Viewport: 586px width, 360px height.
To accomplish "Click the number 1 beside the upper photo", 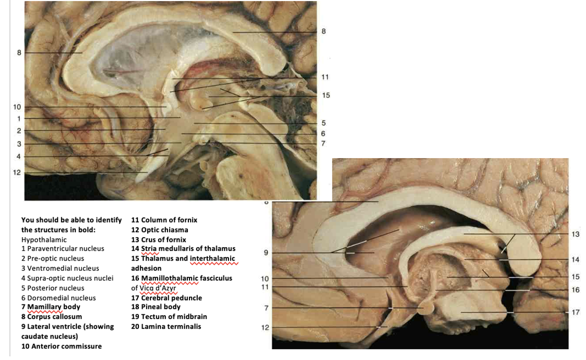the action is click(x=18, y=118).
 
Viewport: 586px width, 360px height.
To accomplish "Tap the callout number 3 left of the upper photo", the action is click(x=18, y=144).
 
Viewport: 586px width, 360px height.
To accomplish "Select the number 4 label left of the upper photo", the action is click(x=18, y=156).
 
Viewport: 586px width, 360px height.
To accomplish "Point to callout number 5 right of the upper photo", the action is click(x=323, y=123).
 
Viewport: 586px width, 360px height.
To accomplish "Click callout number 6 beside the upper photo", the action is click(x=323, y=133).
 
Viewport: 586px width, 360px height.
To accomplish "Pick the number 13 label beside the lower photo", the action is click(x=575, y=234).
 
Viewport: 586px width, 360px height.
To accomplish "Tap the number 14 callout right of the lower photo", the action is click(x=575, y=259).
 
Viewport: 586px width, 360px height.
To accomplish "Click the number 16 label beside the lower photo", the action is click(x=575, y=290).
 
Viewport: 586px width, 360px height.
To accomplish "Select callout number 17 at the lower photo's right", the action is click(x=575, y=312).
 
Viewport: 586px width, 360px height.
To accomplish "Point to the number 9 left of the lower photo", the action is click(x=265, y=253).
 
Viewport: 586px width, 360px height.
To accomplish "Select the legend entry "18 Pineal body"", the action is click(x=155, y=307).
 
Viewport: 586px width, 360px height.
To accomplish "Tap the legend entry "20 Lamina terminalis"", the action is click(x=165, y=327).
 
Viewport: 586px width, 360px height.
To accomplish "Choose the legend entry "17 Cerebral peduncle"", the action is click(x=166, y=298).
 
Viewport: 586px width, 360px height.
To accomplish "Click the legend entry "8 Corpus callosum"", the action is click(x=52, y=316).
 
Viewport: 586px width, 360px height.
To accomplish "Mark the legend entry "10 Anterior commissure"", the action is click(x=61, y=346).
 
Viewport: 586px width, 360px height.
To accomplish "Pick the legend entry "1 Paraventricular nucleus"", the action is click(x=62, y=249).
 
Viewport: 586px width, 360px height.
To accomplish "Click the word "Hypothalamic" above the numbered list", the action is click(x=44, y=240).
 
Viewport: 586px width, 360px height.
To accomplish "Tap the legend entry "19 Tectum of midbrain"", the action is click(x=169, y=316).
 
